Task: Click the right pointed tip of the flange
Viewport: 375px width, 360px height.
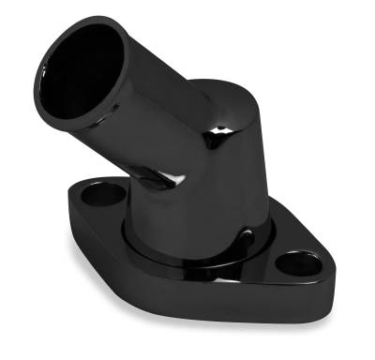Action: coord(329,277)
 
